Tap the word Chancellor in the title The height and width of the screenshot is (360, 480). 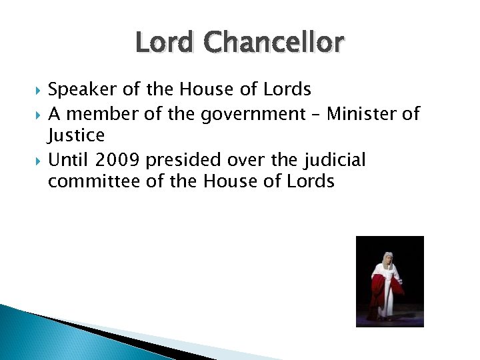coord(275,44)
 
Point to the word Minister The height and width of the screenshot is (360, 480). coord(361,113)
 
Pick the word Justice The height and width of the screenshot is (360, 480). coord(76,136)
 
